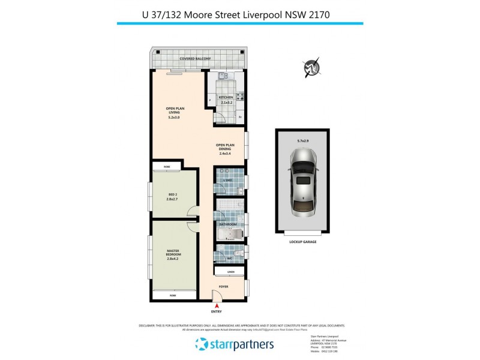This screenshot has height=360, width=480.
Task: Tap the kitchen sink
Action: pos(221,76)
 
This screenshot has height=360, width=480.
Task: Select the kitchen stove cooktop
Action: pos(239,96)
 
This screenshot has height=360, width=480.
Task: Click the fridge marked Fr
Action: pos(240,117)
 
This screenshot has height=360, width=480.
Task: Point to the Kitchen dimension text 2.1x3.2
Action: pos(226,103)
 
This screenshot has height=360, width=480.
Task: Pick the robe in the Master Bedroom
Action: pos(173,296)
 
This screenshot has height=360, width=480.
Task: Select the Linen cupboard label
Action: pos(230,272)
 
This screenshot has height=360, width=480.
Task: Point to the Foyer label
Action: pos(223,286)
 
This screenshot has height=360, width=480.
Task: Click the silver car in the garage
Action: pos(303,183)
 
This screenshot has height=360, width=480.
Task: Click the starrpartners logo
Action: pos(235,344)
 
